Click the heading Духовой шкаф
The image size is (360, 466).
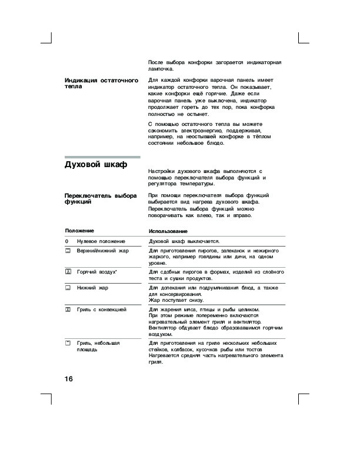96,165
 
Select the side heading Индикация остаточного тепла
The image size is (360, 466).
101,82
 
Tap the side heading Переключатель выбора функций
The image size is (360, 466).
101,198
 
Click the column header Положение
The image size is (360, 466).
79,230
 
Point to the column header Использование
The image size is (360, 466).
168,231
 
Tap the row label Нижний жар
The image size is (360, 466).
92,288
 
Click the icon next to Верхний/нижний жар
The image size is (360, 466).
68,251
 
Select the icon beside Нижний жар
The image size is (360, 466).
68,288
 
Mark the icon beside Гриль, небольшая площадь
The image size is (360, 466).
68,342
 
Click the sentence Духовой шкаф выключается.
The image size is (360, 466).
184,241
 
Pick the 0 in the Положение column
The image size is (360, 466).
66,241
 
